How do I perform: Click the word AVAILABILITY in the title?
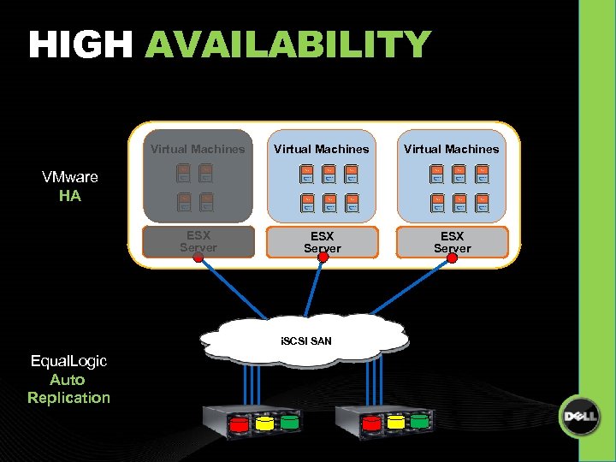coord(287,44)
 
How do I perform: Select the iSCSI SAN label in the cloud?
coord(306,341)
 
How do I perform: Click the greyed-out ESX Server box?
coord(198,241)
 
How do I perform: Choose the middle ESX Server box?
coord(322,241)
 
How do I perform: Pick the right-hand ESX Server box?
coord(452,241)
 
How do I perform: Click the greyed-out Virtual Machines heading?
coord(198,149)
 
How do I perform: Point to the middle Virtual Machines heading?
coord(322,149)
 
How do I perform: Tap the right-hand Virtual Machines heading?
coord(452,149)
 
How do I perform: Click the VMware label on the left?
coord(70,177)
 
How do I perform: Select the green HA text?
coord(70,196)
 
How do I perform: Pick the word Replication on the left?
coord(68,397)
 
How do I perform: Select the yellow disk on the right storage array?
coord(396,422)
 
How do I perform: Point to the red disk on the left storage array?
coord(240,423)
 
